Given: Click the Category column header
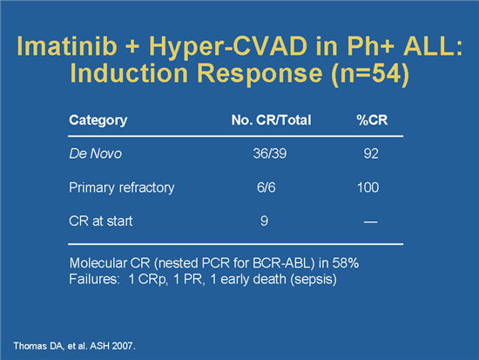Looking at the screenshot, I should [x=98, y=120].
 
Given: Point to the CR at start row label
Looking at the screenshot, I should [x=98, y=221].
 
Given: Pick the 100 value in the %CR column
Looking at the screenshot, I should [x=370, y=187].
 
